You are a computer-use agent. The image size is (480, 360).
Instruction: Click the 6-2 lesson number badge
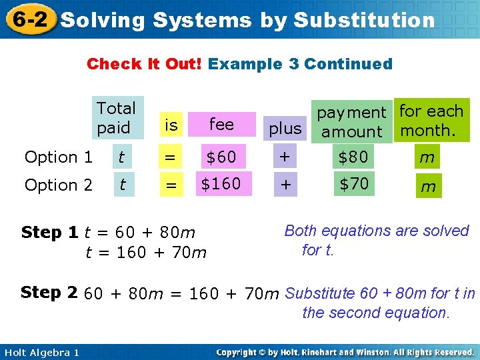29,19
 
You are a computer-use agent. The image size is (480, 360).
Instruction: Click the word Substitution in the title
364,21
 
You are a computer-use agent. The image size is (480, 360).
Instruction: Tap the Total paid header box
117,117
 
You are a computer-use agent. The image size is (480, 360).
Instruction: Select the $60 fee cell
221,157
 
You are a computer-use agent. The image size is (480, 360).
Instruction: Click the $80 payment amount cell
353,157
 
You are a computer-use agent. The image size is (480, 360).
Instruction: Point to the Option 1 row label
59,157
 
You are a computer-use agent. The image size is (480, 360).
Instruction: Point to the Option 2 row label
59,185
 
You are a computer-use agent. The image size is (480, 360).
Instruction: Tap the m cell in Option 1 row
427,157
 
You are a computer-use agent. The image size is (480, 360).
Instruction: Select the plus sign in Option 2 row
285,185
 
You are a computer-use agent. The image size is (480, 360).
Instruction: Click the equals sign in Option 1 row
171,157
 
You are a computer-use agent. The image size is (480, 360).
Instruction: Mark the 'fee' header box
221,124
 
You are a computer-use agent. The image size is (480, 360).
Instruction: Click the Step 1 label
50,232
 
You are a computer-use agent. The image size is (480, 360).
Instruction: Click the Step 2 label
50,292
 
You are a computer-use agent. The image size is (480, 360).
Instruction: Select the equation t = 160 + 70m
146,252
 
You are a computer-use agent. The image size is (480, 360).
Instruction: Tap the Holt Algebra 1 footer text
40,352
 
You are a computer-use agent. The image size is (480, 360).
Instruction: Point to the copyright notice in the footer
345,352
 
